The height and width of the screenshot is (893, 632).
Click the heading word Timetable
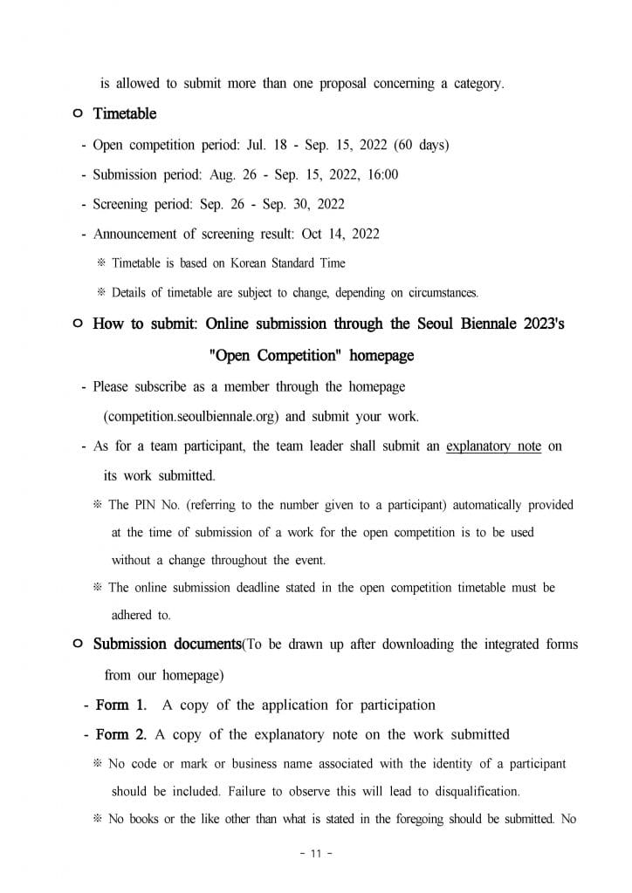point(125,114)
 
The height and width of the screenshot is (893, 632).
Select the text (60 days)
point(421,145)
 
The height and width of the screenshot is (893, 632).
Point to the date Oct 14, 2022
point(340,234)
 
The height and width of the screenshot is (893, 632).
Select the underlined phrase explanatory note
point(493,446)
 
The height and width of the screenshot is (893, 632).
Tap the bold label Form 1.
point(120,705)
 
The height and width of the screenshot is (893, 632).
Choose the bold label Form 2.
point(120,734)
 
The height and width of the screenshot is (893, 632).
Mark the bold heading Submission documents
point(167,644)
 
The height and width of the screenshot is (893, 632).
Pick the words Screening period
point(141,204)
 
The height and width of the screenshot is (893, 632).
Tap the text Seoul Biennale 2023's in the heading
point(490,324)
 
